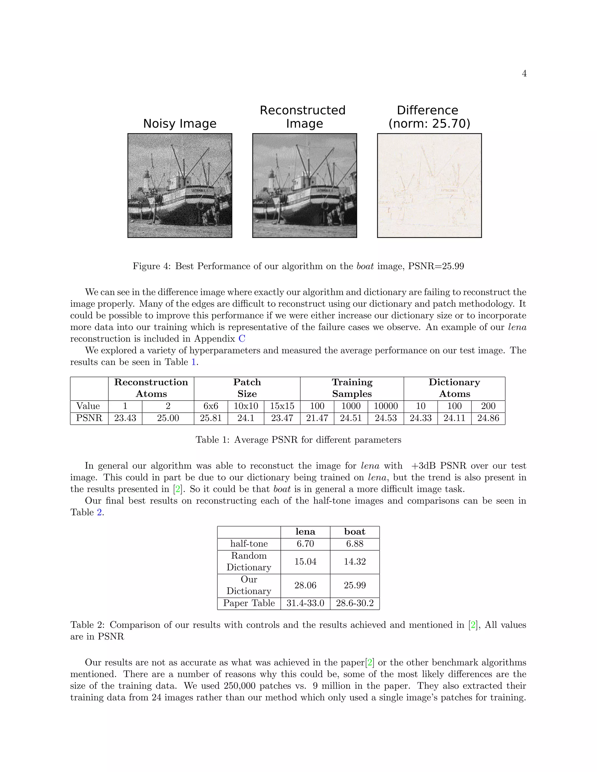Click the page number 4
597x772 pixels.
point(524,73)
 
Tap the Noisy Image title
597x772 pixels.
point(180,123)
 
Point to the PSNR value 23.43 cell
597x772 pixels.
point(125,418)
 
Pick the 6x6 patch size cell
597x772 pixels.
point(210,406)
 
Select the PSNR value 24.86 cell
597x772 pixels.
point(488,418)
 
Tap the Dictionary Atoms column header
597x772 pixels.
point(454,388)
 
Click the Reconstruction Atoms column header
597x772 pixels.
point(151,388)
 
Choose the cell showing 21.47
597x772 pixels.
point(317,418)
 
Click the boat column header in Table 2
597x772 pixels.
point(354,532)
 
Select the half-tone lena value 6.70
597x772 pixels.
point(305,544)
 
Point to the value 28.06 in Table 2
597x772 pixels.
point(305,585)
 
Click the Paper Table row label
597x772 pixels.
point(249,603)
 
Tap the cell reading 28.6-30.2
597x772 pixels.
point(354,603)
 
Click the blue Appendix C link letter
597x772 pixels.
point(242,339)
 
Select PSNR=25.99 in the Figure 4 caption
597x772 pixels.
point(436,266)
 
